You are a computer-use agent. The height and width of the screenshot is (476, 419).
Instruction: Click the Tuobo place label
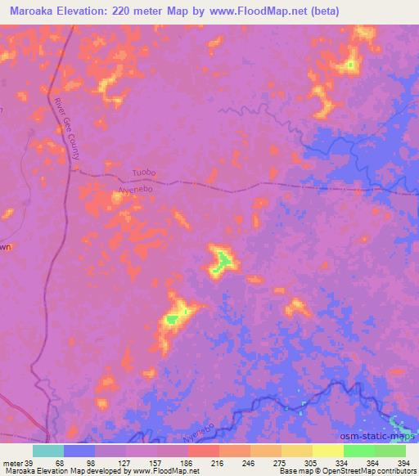point(143,173)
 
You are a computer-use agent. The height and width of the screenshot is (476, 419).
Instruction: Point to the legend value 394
point(404,462)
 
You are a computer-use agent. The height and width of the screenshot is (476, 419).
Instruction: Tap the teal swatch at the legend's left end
point(48,451)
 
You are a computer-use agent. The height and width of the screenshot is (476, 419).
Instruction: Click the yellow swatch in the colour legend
point(327,451)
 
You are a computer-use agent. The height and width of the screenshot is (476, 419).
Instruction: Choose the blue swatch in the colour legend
point(79,451)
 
